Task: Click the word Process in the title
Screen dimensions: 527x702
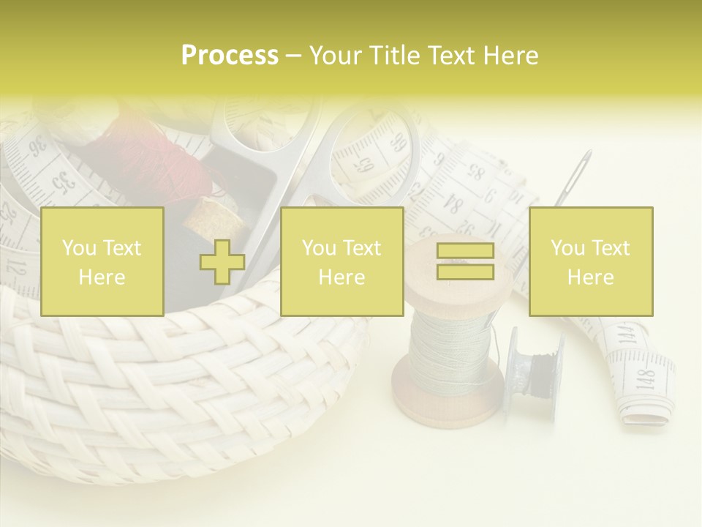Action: [230, 56]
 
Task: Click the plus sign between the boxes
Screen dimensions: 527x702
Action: [222, 262]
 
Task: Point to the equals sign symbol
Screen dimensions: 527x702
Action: [465, 261]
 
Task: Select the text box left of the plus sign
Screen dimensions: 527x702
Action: [102, 261]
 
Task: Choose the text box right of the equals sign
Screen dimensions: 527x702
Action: [590, 261]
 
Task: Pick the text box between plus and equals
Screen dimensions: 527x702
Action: [341, 261]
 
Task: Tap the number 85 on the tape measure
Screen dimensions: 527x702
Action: [476, 173]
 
